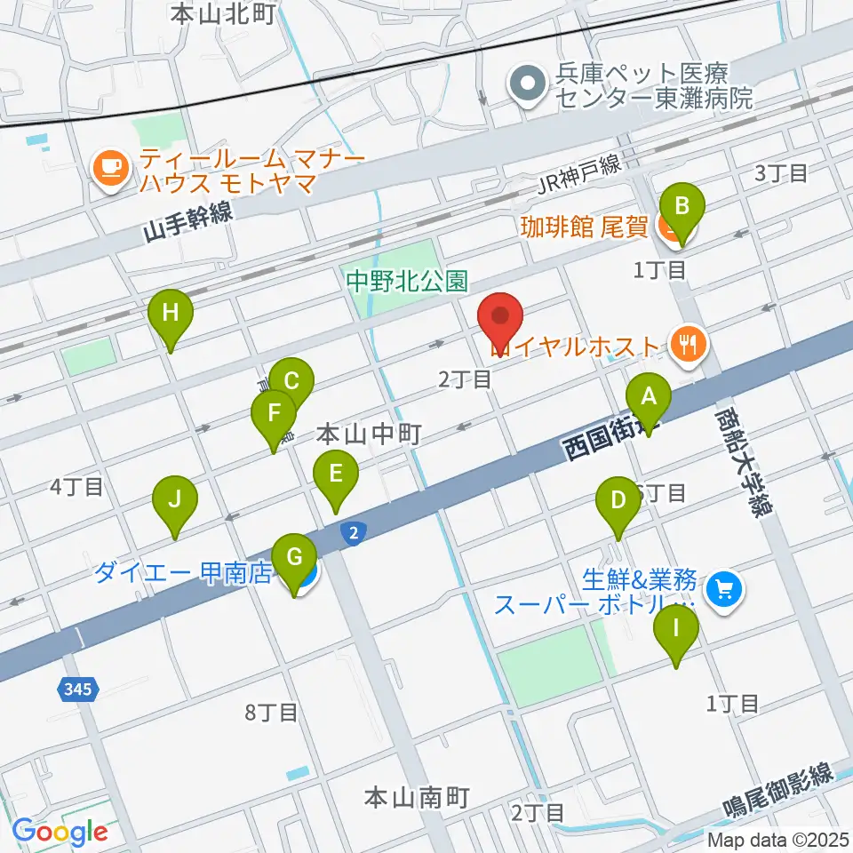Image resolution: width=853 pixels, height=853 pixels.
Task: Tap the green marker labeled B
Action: point(682,208)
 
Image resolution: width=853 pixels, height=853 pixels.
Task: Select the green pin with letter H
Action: point(170,314)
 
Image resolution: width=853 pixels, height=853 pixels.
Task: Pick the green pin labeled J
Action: point(175,499)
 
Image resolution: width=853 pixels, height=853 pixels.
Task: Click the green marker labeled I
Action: point(676,630)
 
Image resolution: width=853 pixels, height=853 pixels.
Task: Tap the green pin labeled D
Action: point(618,500)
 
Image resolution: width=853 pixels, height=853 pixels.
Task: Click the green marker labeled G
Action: point(294,559)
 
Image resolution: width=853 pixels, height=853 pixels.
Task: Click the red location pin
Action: point(501,316)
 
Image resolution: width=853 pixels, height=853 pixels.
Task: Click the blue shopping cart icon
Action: point(723,588)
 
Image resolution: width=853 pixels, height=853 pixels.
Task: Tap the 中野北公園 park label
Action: point(407,283)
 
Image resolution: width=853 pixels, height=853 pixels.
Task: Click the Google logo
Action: point(60,832)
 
